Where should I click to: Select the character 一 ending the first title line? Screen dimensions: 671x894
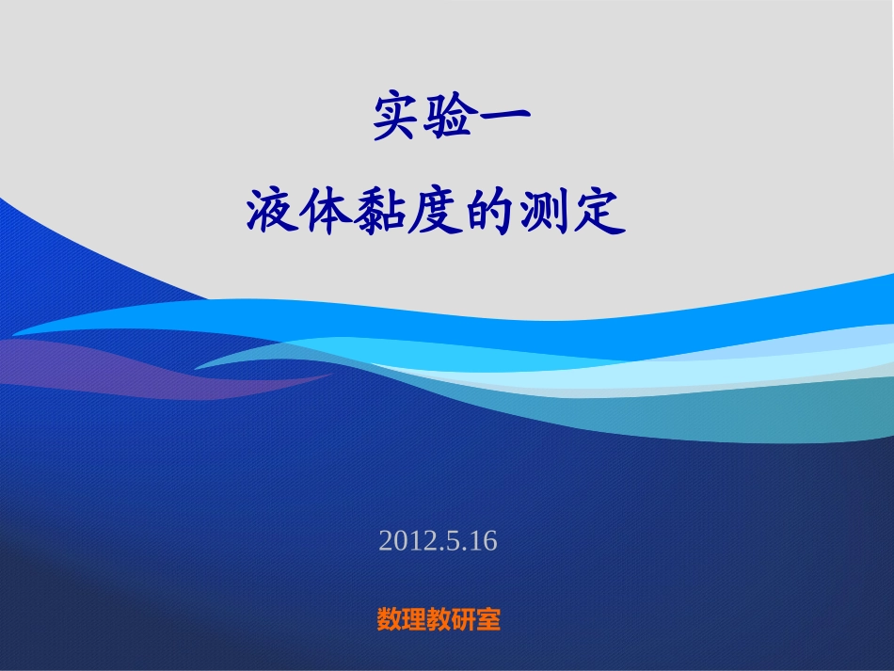(505, 116)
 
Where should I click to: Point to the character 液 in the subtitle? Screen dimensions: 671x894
(272, 213)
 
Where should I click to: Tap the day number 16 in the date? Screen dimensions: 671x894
(480, 541)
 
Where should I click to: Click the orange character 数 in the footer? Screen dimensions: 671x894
(389, 619)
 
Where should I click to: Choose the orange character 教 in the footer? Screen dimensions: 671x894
(439, 619)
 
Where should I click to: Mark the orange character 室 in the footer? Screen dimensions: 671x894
(488, 619)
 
